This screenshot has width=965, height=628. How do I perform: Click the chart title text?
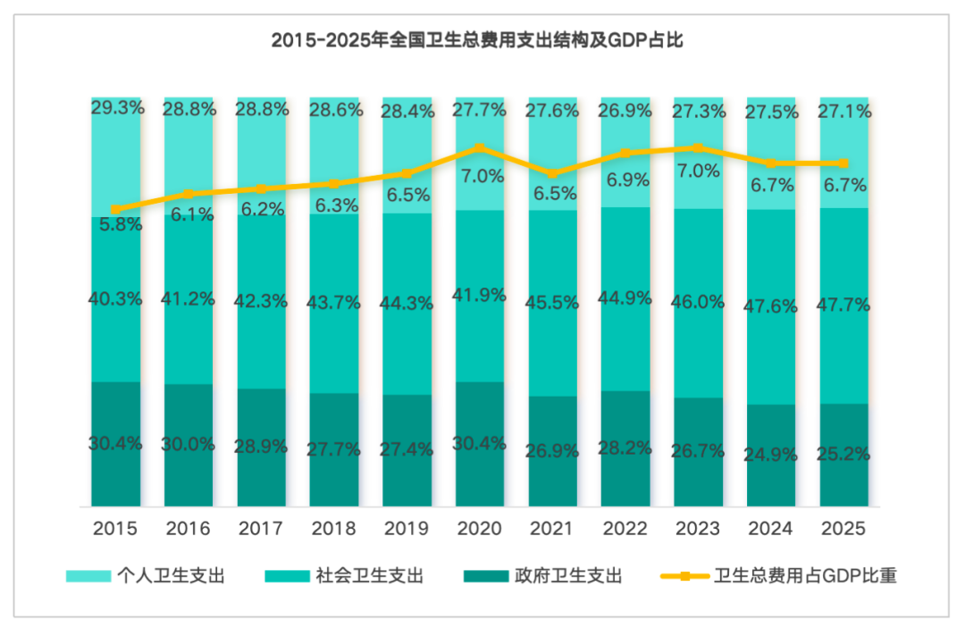pos(477,40)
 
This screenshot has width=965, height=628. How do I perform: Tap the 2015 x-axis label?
pos(115,528)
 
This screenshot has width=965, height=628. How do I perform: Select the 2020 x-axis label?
pos(480,528)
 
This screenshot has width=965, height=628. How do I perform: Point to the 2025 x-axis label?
pos(843,528)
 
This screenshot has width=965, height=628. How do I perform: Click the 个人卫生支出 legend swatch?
pos(88,576)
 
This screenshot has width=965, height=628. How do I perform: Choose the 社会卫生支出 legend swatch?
pos(288,576)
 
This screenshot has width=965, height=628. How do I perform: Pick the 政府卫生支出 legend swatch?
pos(486,576)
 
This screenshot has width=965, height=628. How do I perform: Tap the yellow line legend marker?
pos(684,576)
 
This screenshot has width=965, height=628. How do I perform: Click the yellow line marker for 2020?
pos(480,147)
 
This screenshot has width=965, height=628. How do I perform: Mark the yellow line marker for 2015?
pos(115,209)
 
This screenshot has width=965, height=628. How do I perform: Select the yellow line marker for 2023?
pos(698,147)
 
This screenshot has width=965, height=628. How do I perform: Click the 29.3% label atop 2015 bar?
pos(118,107)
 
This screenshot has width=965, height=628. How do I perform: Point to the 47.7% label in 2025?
pos(843,305)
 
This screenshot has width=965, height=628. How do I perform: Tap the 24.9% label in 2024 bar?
pos(770,455)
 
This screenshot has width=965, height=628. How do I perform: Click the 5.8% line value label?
pos(121,224)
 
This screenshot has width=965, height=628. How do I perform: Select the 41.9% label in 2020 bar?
pos(480,295)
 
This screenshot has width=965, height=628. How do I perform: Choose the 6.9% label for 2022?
pos(628,180)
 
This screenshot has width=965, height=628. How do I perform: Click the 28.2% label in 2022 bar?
pos(625,448)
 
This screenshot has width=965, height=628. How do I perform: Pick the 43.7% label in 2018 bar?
pos(333,303)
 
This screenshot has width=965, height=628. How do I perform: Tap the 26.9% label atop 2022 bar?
pos(625,111)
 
